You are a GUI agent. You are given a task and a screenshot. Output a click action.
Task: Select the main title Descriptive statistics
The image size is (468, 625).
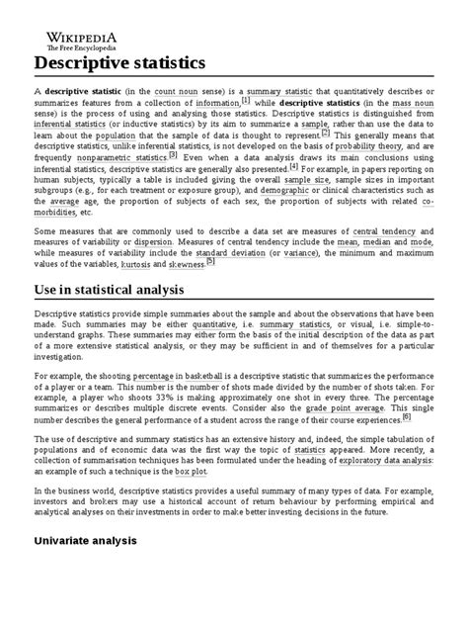click(117, 62)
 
